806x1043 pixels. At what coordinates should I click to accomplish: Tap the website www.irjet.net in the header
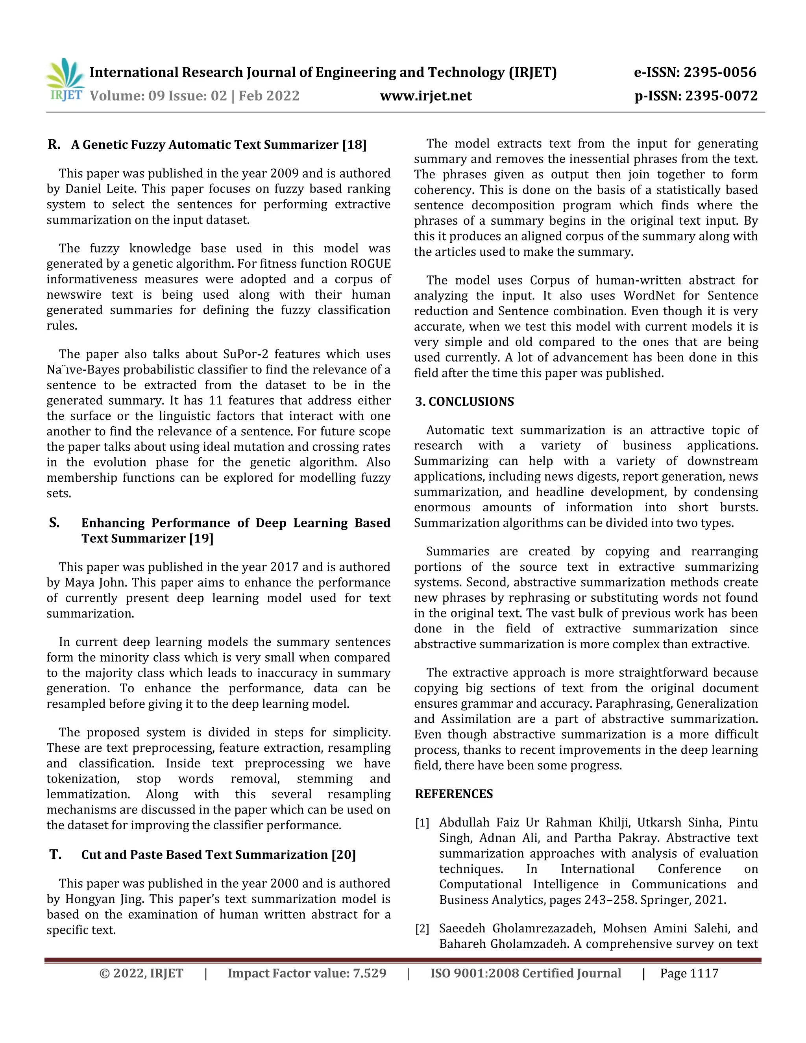tap(425, 96)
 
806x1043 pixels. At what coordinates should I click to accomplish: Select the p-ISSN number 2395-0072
tap(721, 96)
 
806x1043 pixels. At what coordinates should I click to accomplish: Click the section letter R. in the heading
tap(54, 145)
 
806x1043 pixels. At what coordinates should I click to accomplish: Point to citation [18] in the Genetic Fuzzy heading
tap(354, 145)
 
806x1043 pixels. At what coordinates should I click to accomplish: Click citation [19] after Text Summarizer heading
tap(201, 539)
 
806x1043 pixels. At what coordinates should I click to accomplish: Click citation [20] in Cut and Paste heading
tap(343, 855)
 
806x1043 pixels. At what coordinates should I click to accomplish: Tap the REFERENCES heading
tap(454, 794)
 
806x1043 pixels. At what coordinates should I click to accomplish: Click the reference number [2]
tap(422, 929)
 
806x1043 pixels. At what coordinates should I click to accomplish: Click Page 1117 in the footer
tap(689, 974)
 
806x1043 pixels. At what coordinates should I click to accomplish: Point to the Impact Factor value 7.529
tap(369, 974)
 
